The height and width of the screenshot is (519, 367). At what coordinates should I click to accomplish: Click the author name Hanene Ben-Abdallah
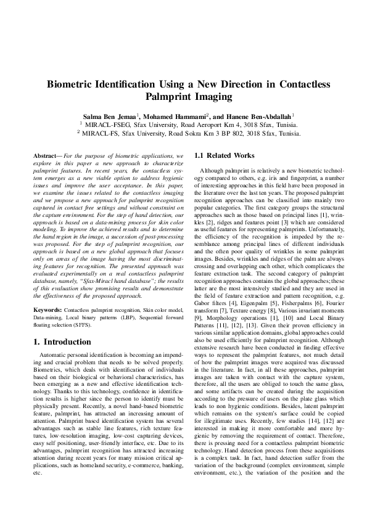tap(255, 116)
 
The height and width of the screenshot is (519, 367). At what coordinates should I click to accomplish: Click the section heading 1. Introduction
tap(62, 342)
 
